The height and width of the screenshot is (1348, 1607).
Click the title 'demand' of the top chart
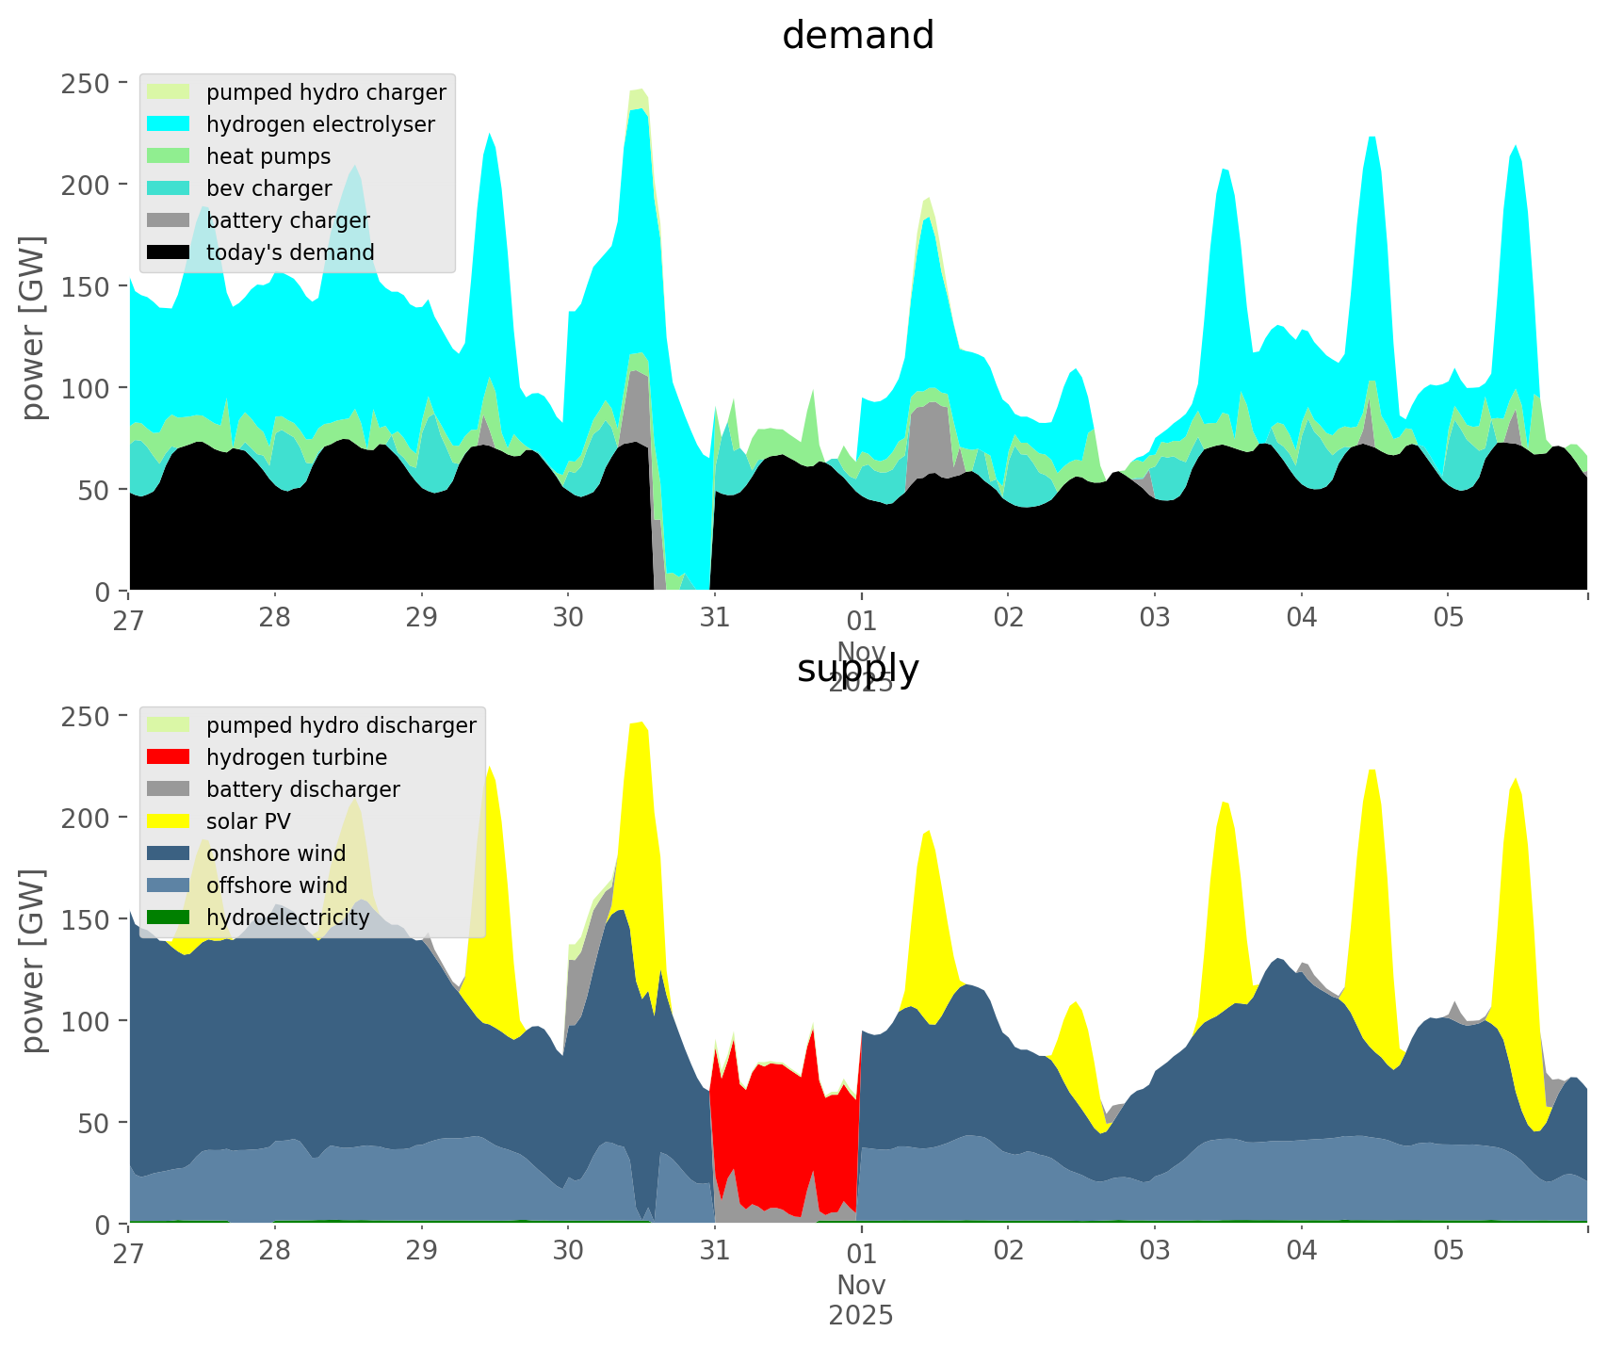pyautogui.click(x=857, y=36)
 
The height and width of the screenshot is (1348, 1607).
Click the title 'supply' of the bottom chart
pyautogui.click(x=857, y=669)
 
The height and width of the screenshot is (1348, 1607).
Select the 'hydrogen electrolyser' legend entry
pyautogui.click(x=320, y=124)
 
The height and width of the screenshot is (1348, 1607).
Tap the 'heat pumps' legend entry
pyautogui.click(x=268, y=156)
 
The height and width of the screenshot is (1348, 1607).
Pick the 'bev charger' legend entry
pyautogui.click(x=268, y=188)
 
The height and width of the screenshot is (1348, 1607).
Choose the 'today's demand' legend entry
pyautogui.click(x=290, y=252)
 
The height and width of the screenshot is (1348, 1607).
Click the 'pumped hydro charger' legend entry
pyautogui.click(x=326, y=92)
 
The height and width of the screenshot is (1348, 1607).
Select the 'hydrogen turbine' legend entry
pyautogui.click(x=297, y=757)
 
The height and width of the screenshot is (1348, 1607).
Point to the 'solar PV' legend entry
pyautogui.click(x=249, y=821)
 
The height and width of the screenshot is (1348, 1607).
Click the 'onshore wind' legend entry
pyautogui.click(x=276, y=853)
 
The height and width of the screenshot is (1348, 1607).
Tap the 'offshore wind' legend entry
pyautogui.click(x=277, y=885)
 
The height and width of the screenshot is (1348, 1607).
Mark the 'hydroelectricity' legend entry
pyautogui.click(x=287, y=918)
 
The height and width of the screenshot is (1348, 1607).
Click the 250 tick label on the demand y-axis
pyautogui.click(x=86, y=83)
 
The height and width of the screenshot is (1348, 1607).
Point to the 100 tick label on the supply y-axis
pyautogui.click(x=86, y=1021)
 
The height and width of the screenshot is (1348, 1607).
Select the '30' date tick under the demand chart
pyautogui.click(x=568, y=619)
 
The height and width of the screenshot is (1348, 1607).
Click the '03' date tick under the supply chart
pyautogui.click(x=1155, y=1252)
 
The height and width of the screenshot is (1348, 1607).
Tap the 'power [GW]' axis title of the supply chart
pyautogui.click(x=34, y=961)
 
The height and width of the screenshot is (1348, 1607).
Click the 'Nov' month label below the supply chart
pyautogui.click(x=861, y=1285)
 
